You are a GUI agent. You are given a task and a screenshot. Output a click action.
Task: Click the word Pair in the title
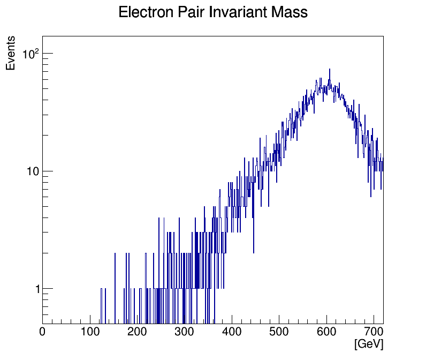coord(187,12)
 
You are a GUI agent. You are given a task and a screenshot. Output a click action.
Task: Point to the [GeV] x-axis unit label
coord(369,344)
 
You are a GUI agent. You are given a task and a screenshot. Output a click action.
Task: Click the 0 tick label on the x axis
coord(43,332)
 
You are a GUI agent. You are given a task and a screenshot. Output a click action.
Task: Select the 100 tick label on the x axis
coord(90,332)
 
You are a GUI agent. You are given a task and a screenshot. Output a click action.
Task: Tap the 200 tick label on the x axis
coord(138,332)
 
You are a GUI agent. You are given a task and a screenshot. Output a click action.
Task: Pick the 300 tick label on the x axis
coord(185,332)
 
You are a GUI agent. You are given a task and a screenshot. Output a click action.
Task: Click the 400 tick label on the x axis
coord(232,332)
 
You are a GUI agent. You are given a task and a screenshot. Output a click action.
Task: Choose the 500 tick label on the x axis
coord(279,332)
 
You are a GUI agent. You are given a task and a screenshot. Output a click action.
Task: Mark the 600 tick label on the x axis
coord(326,332)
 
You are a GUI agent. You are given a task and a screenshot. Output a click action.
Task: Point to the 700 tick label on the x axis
coord(374,332)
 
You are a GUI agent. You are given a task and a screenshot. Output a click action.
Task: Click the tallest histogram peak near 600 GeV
coord(330,70)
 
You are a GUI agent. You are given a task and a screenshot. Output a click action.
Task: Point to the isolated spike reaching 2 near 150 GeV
coord(115,254)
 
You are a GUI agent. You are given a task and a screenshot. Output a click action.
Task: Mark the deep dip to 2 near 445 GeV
coord(254,252)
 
